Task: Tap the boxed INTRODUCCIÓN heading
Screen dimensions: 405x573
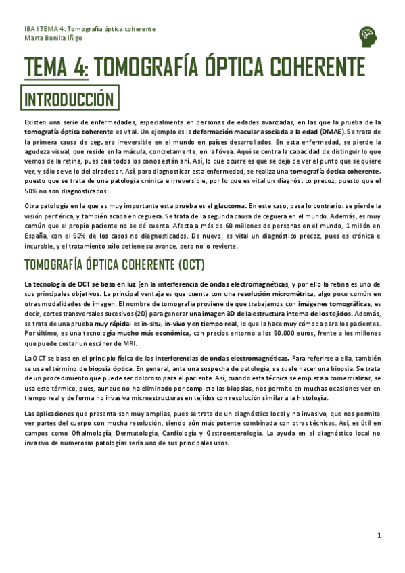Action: pos(68,99)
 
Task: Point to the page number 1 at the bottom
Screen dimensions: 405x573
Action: pos(379,536)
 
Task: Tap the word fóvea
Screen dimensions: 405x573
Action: pos(215,153)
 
